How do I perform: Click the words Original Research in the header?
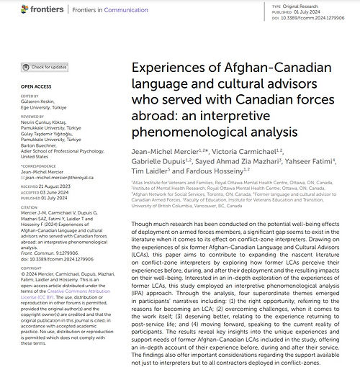pyautogui.click(x=313, y=4)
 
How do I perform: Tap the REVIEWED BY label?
pyautogui.click(x=26, y=115)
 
